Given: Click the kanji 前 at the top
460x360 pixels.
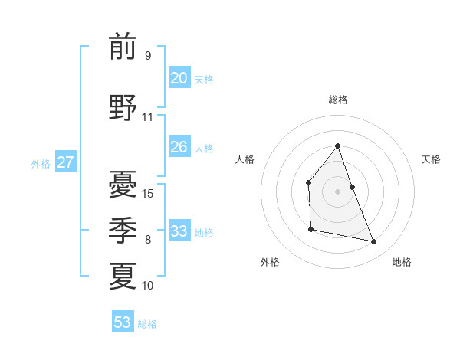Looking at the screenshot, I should click(123, 47).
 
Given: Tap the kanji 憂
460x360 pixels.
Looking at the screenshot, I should click(123, 185).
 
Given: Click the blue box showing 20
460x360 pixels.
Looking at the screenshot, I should click(179, 78).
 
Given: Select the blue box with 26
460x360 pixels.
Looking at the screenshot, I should click(179, 147).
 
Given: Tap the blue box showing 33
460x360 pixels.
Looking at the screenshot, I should click(179, 231).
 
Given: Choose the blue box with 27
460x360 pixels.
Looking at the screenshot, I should click(65, 162).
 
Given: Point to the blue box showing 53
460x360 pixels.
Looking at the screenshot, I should click(123, 322).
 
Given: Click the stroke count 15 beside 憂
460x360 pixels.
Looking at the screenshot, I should click(148, 193).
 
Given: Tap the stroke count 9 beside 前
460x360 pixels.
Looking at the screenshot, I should click(148, 56).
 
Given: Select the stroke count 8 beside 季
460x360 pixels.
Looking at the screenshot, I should click(148, 240).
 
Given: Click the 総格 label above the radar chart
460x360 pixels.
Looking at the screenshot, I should click(337, 100).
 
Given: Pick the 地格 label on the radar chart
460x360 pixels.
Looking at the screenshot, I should click(402, 262).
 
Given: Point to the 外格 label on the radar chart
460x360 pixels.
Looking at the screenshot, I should click(270, 262).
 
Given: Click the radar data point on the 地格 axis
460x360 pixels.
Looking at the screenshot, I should click(374, 242).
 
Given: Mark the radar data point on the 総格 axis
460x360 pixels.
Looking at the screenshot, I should click(337, 146).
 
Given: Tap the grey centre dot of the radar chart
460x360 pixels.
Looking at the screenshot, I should click(337, 191).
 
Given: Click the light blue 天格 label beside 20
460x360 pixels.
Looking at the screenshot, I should click(203, 80).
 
